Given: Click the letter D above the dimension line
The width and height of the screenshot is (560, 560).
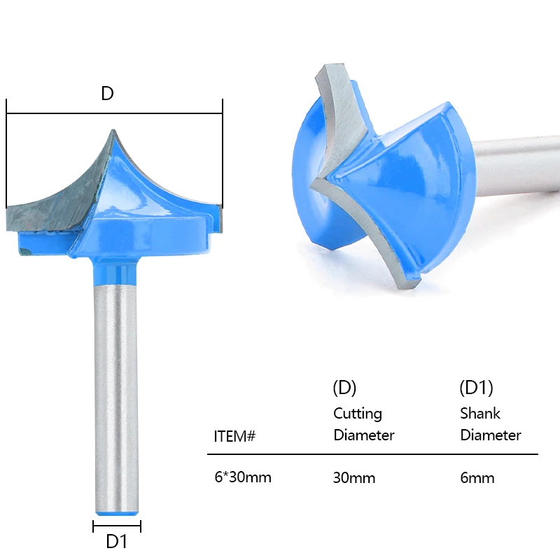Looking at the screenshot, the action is click(108, 93).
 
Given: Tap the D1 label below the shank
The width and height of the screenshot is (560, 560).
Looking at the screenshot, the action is click(116, 541).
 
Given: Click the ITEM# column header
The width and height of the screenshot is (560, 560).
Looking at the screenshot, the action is click(234, 436).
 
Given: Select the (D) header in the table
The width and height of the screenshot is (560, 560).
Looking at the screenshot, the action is click(344, 388).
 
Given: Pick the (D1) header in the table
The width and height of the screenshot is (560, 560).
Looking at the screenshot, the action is click(476, 388).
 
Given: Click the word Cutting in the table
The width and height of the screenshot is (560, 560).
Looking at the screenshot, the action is click(358, 414).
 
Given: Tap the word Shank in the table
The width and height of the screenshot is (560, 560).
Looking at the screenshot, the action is click(480, 413).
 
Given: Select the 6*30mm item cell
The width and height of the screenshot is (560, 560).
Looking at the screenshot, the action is click(243, 477).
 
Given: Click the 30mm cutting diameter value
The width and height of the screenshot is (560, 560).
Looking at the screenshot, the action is click(354, 478).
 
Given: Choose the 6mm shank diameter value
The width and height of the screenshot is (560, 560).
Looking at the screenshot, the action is click(477, 478).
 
